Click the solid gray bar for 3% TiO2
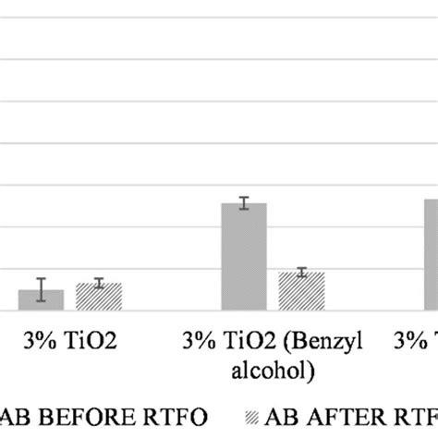tap(42, 300)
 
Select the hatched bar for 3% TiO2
tap(98, 297)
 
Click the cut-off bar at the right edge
tap(431, 255)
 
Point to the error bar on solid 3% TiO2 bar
tap(42, 289)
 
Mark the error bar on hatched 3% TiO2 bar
tap(98, 283)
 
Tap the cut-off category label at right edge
tap(420, 341)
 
